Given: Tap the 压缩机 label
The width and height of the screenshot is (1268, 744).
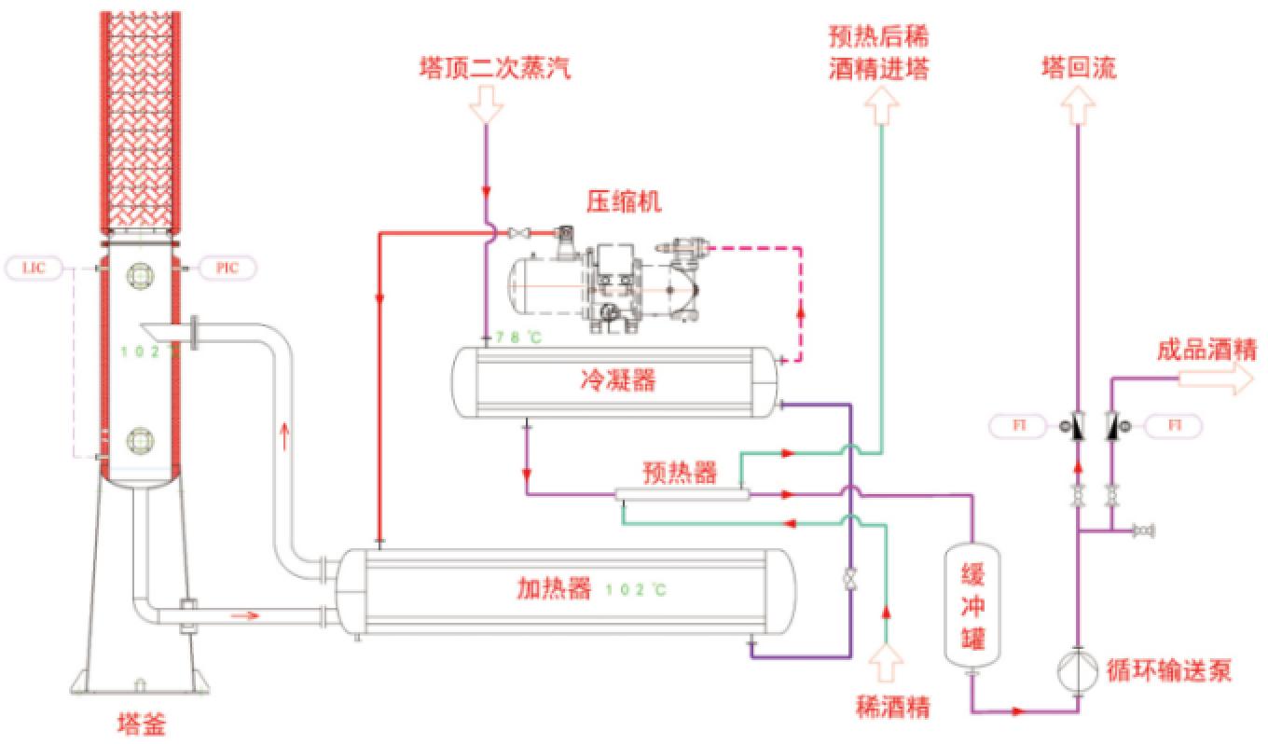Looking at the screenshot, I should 622,201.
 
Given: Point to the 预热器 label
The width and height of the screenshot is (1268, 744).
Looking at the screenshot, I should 680,473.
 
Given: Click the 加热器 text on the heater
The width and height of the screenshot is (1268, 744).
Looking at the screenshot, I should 554,588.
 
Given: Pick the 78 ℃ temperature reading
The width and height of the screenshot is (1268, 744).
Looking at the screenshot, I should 517,337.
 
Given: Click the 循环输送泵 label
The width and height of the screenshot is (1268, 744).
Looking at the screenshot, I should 1169,670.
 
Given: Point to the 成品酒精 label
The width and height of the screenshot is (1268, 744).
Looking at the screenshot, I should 1206,350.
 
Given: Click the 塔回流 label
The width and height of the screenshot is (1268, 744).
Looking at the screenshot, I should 1079,68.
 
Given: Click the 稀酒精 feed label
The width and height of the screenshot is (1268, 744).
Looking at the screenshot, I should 892,705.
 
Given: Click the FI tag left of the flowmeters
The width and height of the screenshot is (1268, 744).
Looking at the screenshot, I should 1019,427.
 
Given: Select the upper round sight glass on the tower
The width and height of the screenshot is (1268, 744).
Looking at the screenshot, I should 140,277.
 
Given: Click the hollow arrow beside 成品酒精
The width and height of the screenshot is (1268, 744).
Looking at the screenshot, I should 1216,379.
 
